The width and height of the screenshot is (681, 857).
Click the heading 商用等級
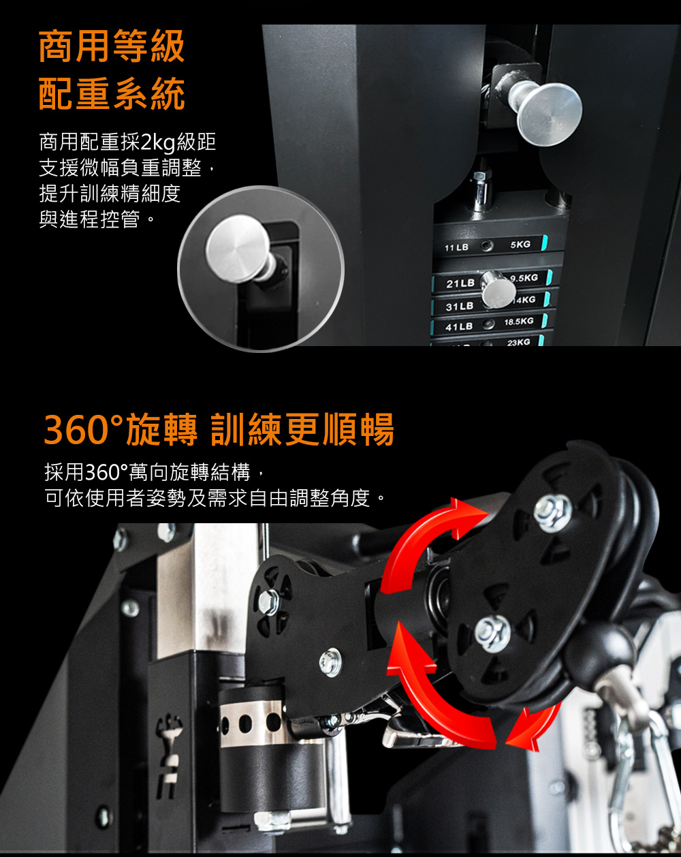click(x=112, y=46)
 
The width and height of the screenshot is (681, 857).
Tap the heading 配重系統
click(x=112, y=93)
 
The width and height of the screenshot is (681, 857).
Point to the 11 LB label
click(x=456, y=248)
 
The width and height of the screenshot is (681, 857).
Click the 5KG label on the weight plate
click(x=520, y=245)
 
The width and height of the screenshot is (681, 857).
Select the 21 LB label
click(x=460, y=283)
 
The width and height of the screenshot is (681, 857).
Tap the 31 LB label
click(x=460, y=307)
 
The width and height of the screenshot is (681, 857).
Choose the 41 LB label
click(x=459, y=327)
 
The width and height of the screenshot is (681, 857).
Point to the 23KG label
click(x=518, y=342)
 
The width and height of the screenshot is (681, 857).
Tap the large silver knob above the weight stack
click(x=550, y=114)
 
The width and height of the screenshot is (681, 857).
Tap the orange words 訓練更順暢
click(x=302, y=429)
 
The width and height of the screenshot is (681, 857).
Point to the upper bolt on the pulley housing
click(x=553, y=514)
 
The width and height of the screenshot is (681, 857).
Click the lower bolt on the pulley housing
click(x=492, y=633)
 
